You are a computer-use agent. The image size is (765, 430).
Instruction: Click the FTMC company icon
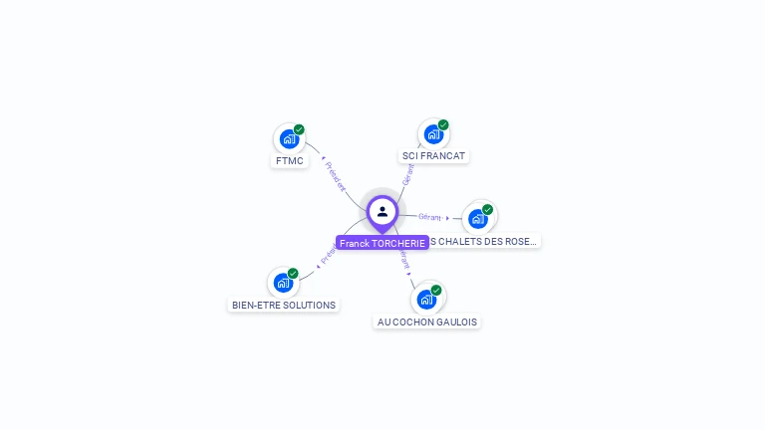289,139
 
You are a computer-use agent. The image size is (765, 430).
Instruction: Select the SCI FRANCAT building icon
433,133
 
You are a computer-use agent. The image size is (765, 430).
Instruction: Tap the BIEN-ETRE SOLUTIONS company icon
283,283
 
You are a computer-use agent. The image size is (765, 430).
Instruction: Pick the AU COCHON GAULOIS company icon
426,299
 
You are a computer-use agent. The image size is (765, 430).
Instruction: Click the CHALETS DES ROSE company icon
478,218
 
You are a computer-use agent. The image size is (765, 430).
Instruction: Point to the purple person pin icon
382,212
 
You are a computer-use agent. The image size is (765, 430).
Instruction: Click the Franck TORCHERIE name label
382,243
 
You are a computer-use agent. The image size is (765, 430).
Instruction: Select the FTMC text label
289,161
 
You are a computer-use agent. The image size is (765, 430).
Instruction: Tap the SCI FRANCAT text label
433,156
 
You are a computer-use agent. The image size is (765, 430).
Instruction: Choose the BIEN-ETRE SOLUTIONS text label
284,305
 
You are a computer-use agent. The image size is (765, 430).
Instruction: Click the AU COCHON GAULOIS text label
427,322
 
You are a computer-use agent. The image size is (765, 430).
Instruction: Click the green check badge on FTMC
299,129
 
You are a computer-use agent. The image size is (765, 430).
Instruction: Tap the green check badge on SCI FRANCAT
443,124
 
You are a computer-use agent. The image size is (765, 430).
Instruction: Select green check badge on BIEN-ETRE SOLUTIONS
293,273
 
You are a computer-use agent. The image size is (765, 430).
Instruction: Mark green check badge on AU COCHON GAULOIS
436,290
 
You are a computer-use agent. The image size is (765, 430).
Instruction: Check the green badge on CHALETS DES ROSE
488,209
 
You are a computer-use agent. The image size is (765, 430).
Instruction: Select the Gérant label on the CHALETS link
430,216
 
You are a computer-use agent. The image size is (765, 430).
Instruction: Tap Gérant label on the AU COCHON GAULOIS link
403,261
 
